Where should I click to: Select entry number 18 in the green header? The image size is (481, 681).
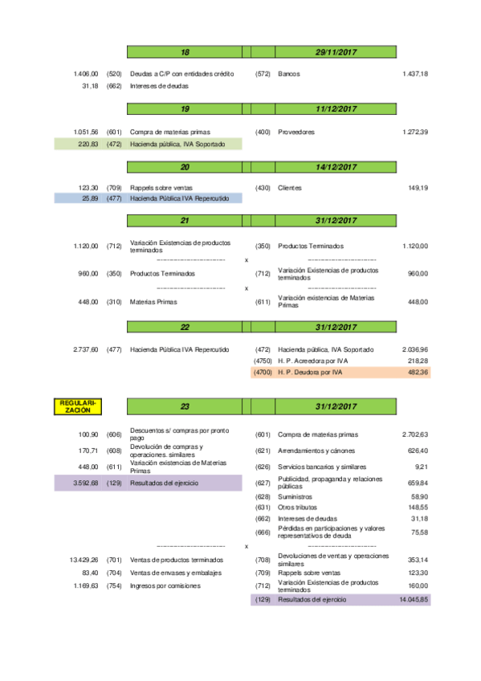pos(185,52)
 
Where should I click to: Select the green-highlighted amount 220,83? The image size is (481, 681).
pos(88,144)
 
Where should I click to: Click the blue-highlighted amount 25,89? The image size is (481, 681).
pos(89,198)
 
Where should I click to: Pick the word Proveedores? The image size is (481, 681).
pos(296,132)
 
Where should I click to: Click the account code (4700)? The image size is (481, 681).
pos(263,373)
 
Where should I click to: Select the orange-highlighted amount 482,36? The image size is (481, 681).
pos(416,373)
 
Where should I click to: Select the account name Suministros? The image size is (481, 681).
pos(295,497)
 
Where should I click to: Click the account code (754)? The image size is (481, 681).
pos(113,585)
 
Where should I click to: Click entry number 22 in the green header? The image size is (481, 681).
pos(185,328)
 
